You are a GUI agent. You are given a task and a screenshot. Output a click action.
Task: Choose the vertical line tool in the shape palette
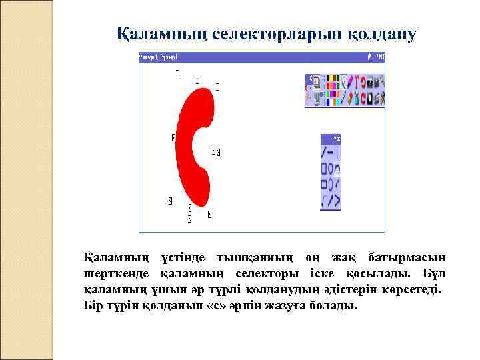[x=337, y=153]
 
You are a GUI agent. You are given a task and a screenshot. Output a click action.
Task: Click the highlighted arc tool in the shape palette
[x=337, y=169]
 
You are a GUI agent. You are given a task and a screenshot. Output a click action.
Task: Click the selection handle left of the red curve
[x=173, y=138]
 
